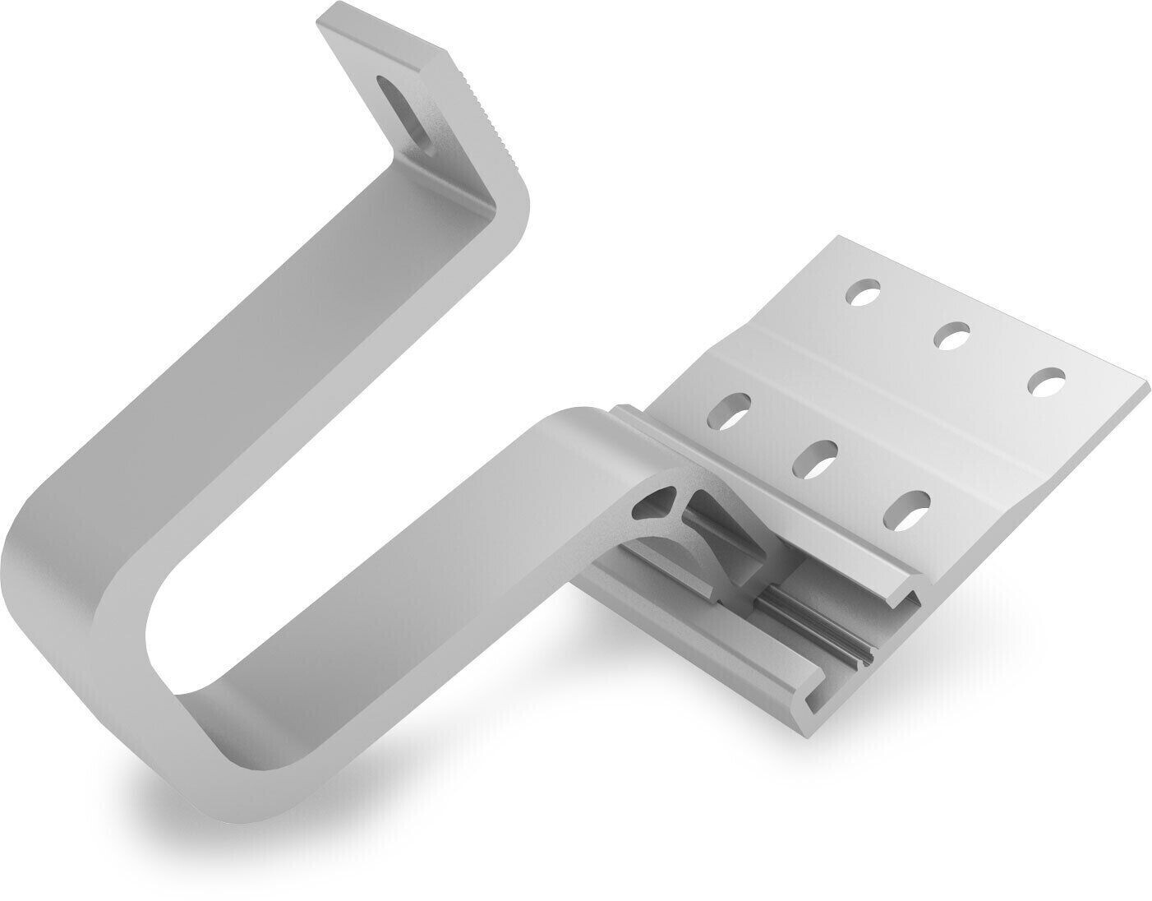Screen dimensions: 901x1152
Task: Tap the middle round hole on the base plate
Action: tap(953, 335)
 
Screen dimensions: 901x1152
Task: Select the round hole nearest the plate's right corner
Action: tap(1047, 381)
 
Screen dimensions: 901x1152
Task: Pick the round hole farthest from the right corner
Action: tap(865, 293)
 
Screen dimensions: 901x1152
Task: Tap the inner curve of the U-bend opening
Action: tap(164, 625)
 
